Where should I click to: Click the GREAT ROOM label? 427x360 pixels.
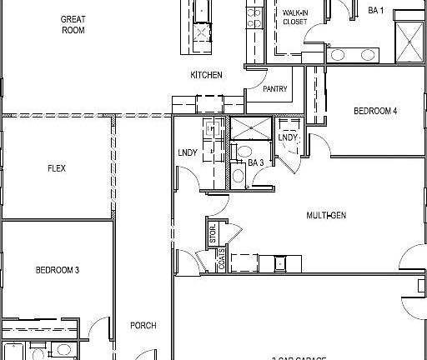coord(73,24)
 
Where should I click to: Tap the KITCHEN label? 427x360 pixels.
coord(207,75)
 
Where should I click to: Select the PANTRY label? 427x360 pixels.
coord(275,89)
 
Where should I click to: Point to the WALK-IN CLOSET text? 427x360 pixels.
coord(295,17)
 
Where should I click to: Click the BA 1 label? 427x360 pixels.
coord(376,11)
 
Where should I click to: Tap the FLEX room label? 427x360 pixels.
coord(57,168)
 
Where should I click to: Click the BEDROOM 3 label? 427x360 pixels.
coord(57,270)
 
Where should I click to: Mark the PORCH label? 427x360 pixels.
coord(143,326)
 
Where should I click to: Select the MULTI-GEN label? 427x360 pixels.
coord(326,215)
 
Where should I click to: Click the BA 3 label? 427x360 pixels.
coord(256,162)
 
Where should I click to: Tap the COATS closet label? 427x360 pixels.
coord(198,262)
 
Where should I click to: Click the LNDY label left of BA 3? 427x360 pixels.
coord(187,153)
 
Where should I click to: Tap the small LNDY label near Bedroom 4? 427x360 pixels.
coord(288,137)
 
